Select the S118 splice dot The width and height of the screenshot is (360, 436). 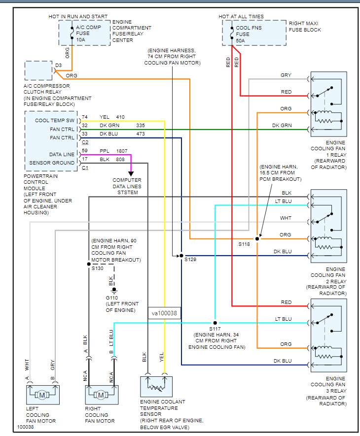click(257, 238)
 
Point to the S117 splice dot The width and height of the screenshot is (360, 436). click(216, 323)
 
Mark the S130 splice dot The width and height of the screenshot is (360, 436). click(89, 263)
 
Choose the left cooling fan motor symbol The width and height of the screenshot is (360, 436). click(42, 395)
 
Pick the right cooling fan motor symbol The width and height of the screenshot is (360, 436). click(101, 395)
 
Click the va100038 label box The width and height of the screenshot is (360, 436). click(164, 312)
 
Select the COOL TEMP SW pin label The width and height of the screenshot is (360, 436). click(55, 121)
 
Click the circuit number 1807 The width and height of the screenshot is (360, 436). click(122, 150)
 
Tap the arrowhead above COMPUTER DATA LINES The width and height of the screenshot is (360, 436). click(132, 173)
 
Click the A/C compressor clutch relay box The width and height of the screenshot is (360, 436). click(38, 71)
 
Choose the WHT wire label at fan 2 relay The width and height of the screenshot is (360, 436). click(286, 218)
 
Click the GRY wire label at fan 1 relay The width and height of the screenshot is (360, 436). click(286, 75)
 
